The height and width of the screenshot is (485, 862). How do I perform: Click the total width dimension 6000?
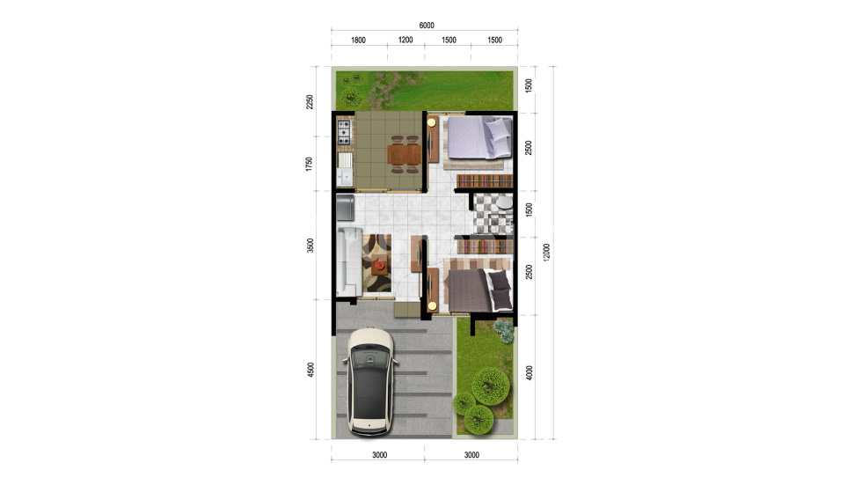click(x=427, y=26)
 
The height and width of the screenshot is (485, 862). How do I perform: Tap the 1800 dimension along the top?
click(x=358, y=40)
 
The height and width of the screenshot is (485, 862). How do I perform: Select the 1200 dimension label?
click(x=405, y=40)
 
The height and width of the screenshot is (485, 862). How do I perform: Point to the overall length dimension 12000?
click(x=546, y=252)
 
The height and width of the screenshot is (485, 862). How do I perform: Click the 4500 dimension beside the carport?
click(x=310, y=370)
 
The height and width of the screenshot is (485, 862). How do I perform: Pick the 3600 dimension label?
click(x=310, y=246)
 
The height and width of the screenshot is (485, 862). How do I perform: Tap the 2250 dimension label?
click(x=310, y=102)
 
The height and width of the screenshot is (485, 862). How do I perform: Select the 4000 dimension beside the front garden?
click(x=529, y=373)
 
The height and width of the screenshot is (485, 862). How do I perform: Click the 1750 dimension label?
click(x=310, y=164)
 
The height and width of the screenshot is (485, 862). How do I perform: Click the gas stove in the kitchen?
click(x=344, y=133)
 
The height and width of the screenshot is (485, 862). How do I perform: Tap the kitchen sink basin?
click(x=345, y=169)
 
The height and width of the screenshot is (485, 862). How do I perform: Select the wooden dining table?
click(x=405, y=154)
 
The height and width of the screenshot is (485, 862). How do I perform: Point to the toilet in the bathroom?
click(x=503, y=203)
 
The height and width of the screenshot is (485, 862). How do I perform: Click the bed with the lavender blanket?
click(x=479, y=137)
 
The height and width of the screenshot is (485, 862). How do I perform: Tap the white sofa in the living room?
click(x=348, y=261)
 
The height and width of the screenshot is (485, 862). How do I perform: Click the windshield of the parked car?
click(x=370, y=359)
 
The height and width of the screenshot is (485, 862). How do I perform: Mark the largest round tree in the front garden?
click(x=490, y=386)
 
